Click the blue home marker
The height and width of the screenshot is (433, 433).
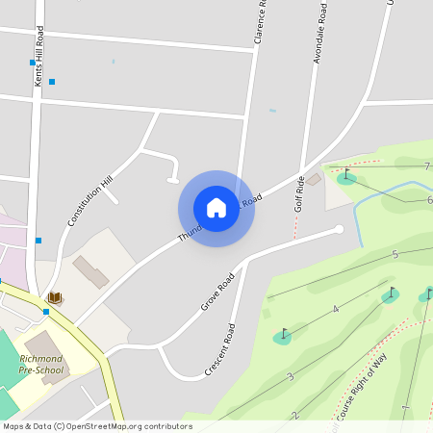pos(216,208)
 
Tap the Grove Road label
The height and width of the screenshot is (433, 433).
pos(217,293)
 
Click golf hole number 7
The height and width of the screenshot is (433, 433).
pos(426,166)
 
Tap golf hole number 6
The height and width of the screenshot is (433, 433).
pos(429,200)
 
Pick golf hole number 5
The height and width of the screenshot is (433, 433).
pos(395,255)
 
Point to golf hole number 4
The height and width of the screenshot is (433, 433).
pos(335,309)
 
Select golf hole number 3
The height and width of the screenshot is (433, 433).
pos(290,376)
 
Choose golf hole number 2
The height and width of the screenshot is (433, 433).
pos(294,415)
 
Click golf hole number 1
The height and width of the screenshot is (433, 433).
pos(405,409)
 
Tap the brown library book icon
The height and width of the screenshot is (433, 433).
pos(54,298)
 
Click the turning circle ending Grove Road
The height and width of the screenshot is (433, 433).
pos(339,229)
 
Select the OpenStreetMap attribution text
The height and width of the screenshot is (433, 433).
pos(97,425)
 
